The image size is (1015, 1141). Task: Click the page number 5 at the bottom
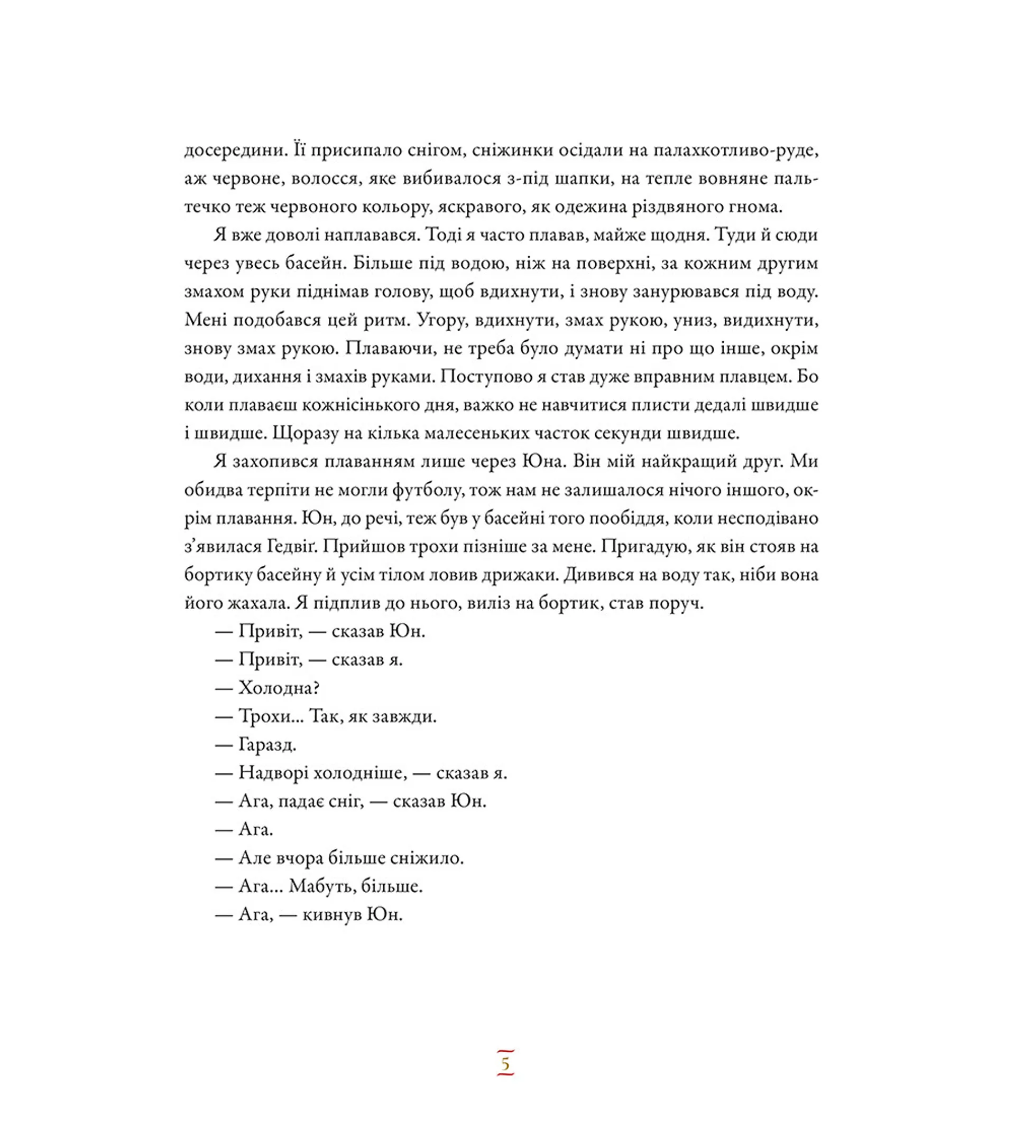point(505,1064)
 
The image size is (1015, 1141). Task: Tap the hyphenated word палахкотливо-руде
point(736,150)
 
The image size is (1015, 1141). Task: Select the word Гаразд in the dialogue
point(267,745)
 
